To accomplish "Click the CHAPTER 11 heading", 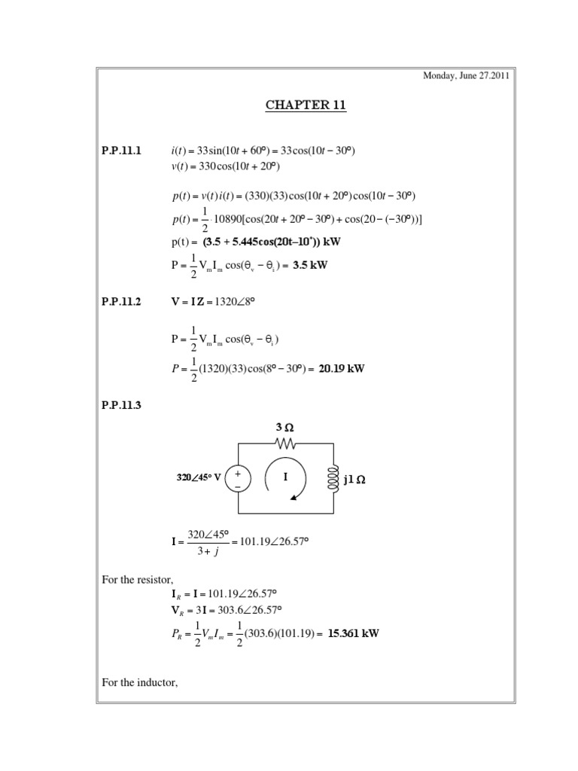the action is point(306,105).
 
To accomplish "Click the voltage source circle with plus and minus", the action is point(239,479).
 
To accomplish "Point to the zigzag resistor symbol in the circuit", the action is point(285,443).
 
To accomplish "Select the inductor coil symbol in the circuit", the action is point(331,479).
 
